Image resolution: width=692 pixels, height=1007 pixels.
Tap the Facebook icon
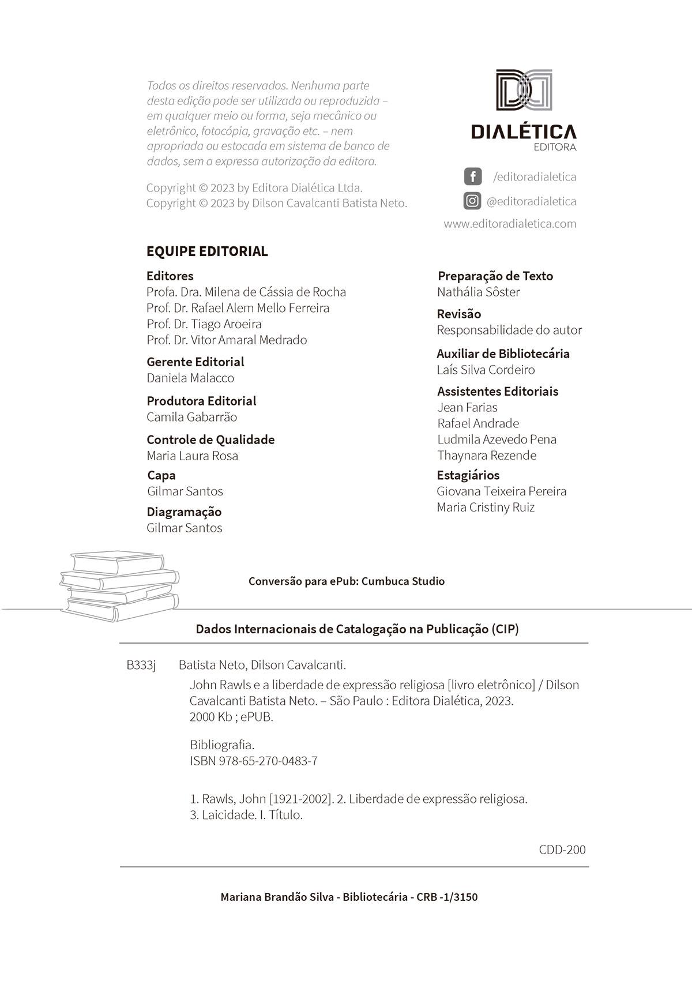pos(472,176)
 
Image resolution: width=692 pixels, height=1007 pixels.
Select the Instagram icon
pos(472,201)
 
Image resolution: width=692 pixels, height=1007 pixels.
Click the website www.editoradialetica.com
pos(510,224)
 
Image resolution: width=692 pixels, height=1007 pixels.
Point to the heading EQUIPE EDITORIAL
pos(207,251)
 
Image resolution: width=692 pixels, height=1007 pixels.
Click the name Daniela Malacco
pos(190,378)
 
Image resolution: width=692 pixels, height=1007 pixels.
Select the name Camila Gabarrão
pos(191,417)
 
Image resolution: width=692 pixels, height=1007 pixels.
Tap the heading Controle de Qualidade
pos(210,439)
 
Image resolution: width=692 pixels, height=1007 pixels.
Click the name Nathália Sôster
pos(478,292)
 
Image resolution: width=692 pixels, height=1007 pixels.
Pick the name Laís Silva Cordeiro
pos(486,370)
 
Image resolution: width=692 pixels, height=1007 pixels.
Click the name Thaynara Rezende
pos(487,455)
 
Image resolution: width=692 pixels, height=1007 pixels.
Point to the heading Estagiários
pos(468,475)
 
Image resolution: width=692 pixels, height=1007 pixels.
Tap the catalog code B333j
pos(141,665)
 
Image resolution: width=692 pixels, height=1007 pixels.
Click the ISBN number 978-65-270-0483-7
pos(268,761)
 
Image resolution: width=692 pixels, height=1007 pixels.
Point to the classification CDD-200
pos(562,850)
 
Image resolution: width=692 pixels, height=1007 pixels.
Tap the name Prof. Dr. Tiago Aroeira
pos(204,324)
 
